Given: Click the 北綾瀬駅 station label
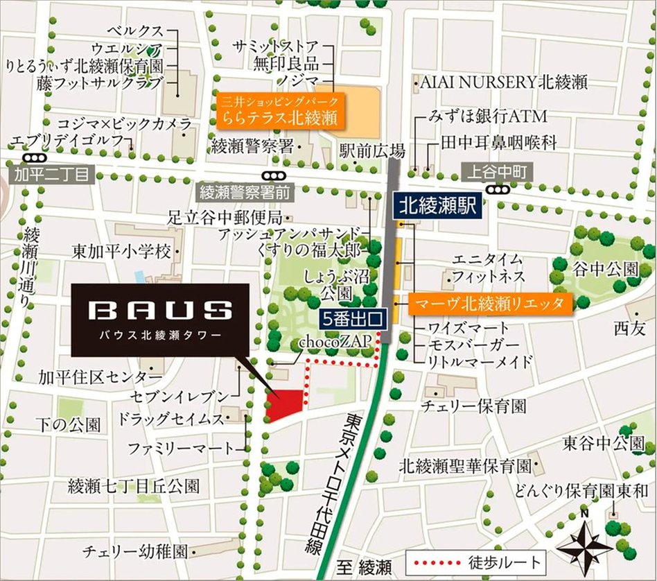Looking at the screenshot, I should [437, 205].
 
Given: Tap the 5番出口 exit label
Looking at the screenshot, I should [353, 320].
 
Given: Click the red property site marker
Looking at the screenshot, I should [285, 404].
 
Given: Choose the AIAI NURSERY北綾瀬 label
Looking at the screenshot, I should [504, 82].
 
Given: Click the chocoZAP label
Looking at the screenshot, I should [331, 342].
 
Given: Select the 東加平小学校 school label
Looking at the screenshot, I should [122, 250].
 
